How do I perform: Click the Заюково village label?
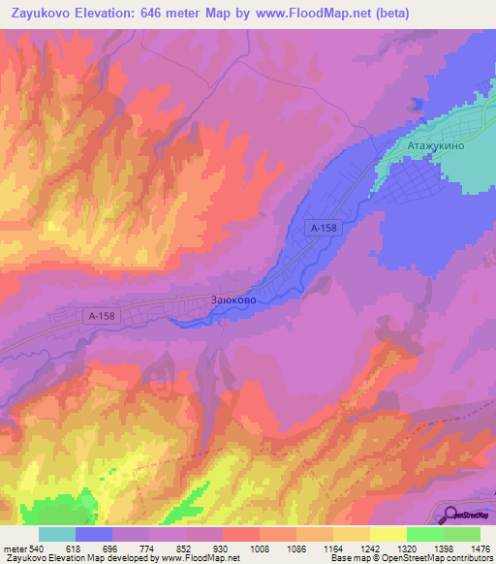[x=233, y=301]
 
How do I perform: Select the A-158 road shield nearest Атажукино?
[x=324, y=227]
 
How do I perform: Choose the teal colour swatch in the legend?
[x=57, y=534]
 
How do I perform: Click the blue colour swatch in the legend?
[x=94, y=534]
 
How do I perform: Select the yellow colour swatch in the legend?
[x=388, y=534]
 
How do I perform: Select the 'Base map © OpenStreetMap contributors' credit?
[x=411, y=558]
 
